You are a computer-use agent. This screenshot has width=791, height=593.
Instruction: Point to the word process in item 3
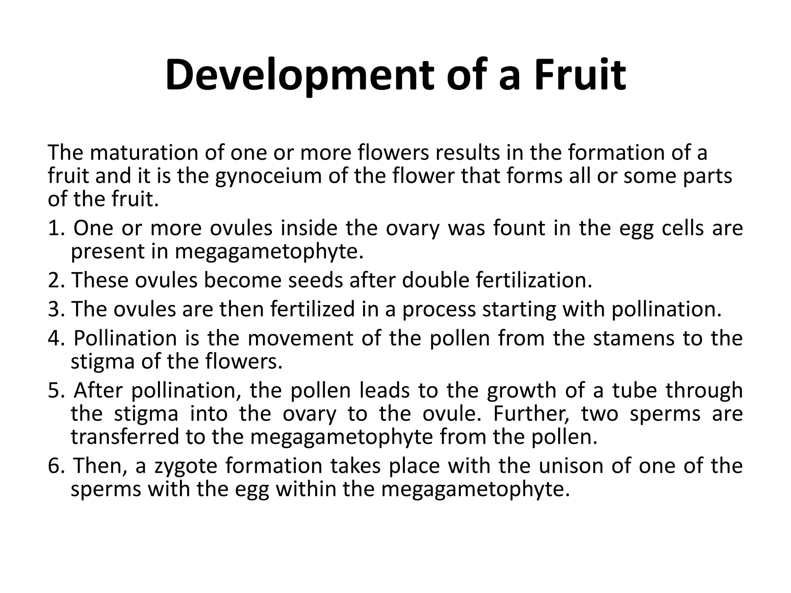pyautogui.click(x=439, y=310)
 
